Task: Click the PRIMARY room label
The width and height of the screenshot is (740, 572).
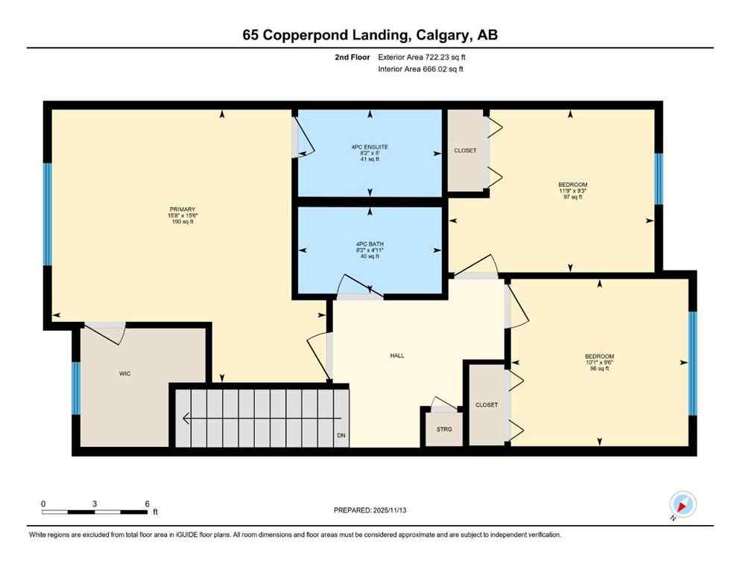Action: pos(182,209)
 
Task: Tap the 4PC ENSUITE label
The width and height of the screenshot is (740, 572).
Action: pos(370,147)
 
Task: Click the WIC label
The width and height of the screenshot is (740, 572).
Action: pos(125,373)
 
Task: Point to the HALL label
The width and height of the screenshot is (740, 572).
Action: pos(397,356)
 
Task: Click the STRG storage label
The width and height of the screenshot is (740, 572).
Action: pos(443,430)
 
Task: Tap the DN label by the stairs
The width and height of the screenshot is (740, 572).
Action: pos(341,435)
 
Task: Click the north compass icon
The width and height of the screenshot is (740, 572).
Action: pos(683,505)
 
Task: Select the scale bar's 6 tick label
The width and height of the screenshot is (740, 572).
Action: pos(147,503)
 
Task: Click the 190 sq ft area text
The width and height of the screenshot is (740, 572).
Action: pos(182,222)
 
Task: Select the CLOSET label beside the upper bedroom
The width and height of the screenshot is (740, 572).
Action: pos(465,150)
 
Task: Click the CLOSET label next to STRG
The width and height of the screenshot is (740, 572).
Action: pos(487,404)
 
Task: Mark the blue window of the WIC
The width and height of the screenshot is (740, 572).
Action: pos(76,387)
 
